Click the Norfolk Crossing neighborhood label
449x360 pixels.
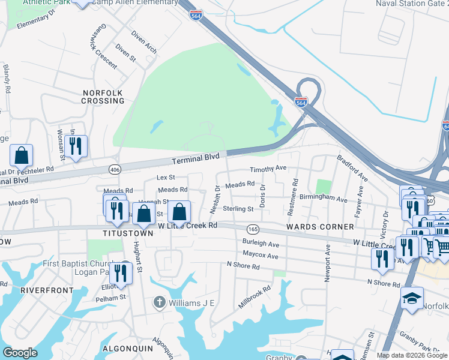[103, 97]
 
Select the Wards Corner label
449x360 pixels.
[312, 227]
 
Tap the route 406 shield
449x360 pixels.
[115, 170]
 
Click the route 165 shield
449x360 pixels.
[253, 229]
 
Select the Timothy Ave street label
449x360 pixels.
[268, 169]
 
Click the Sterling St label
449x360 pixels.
[238, 209]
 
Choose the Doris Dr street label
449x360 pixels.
[262, 196]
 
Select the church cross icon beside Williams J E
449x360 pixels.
[159, 302]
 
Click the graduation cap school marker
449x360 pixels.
[412, 298]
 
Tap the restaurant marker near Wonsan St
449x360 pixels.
[76, 146]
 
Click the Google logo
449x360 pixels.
[20, 353]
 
